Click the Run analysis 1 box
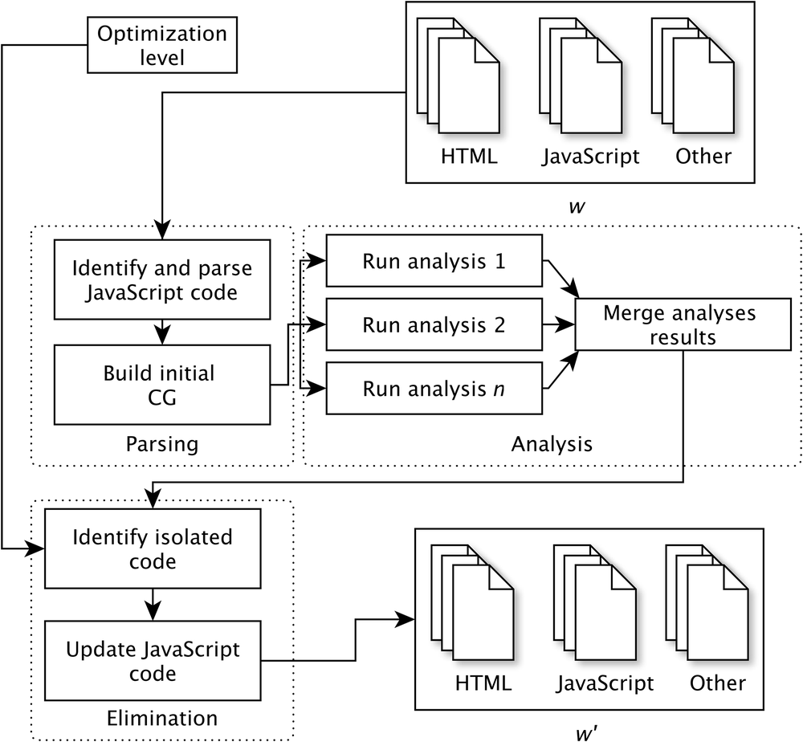[x=435, y=261]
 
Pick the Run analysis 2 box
[x=435, y=324]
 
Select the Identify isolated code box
[x=153, y=548]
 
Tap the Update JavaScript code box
[x=153, y=660]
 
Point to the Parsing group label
[x=163, y=443]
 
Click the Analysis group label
[x=552, y=443]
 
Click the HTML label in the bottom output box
[x=483, y=683]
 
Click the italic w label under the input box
[x=576, y=206]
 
